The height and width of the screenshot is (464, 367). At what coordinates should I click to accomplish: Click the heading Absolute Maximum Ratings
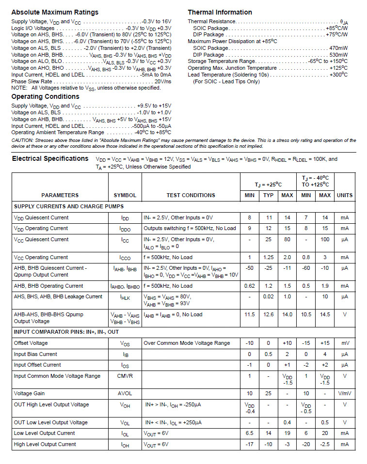point(55,12)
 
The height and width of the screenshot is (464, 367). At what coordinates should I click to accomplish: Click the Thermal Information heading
point(220,12)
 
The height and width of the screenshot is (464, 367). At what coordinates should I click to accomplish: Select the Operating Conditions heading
point(45,96)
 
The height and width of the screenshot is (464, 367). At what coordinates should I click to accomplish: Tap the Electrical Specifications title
point(50,158)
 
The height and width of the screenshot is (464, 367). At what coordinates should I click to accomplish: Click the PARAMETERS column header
point(60,195)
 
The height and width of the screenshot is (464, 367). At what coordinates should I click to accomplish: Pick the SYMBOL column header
point(125,195)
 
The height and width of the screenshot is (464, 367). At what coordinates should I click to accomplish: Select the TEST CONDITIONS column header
point(191,195)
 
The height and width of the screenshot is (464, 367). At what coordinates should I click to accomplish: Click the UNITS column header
point(345,195)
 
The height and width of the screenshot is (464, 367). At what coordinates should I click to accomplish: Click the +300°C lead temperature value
point(338,75)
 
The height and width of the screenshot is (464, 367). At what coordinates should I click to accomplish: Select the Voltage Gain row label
point(29,393)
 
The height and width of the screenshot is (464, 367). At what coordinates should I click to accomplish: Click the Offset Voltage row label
point(31,343)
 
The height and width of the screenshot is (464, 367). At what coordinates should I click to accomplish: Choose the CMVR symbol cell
point(125,376)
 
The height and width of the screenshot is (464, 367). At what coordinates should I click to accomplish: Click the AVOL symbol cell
point(125,393)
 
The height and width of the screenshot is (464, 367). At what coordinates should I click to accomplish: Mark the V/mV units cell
point(345,393)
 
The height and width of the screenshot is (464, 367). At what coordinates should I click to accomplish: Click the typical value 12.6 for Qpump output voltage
point(269,314)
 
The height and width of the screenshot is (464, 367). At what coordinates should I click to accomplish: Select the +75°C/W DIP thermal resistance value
point(337,35)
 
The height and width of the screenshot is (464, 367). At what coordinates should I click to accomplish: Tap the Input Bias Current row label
point(35,354)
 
